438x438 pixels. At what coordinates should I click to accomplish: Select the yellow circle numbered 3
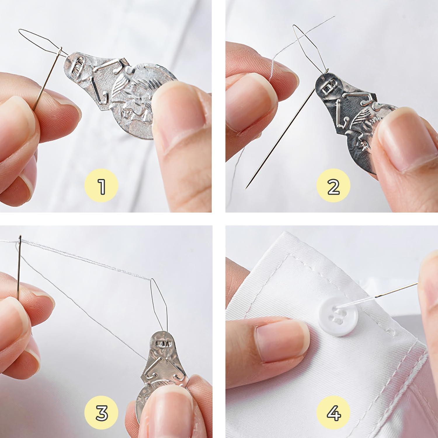[x=101, y=413]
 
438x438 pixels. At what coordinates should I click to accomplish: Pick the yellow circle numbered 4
[x=333, y=413]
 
